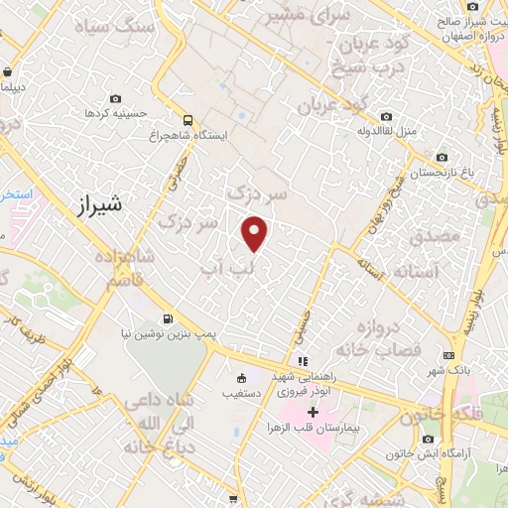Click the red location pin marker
(x=256, y=232)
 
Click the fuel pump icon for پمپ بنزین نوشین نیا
(x=166, y=319)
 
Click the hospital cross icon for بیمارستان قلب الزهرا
(x=314, y=411)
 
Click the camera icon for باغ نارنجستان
(x=441, y=158)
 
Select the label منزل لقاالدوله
(x=394, y=130)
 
